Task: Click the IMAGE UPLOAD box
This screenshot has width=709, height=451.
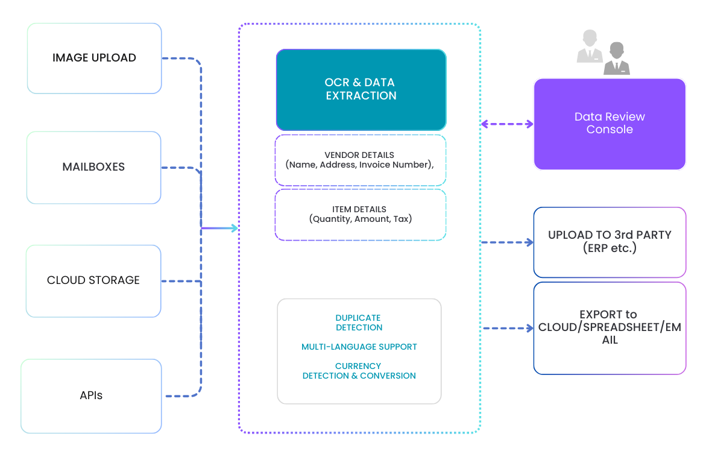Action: (x=94, y=58)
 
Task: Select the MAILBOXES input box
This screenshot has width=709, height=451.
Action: (x=93, y=167)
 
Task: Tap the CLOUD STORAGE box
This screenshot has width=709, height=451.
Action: (x=93, y=280)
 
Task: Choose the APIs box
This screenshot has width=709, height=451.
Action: (x=91, y=396)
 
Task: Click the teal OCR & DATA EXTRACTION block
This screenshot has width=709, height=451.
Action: (x=361, y=89)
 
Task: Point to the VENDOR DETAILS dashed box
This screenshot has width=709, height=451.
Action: (x=360, y=160)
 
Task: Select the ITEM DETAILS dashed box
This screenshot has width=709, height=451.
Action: (x=360, y=214)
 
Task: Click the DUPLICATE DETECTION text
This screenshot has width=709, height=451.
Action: (x=359, y=323)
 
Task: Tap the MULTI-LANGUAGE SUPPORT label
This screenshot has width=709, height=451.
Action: (x=359, y=347)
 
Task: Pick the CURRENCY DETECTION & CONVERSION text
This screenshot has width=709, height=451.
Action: (x=359, y=371)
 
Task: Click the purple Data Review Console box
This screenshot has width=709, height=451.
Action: (x=610, y=123)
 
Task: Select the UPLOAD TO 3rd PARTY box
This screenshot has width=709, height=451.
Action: (x=610, y=241)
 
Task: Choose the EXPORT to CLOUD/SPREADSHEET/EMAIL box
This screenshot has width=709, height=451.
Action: (x=610, y=327)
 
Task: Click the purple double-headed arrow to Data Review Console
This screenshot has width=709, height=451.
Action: (x=507, y=124)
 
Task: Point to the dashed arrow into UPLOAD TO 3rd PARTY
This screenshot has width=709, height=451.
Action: (x=507, y=242)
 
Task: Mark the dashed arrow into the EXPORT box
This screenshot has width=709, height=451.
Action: (x=507, y=329)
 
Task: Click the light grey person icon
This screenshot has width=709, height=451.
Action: (x=589, y=47)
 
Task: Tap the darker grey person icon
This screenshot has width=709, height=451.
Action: (x=616, y=59)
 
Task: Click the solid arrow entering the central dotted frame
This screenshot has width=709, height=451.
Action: (x=221, y=229)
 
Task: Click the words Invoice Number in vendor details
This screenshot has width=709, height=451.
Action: (x=395, y=165)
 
